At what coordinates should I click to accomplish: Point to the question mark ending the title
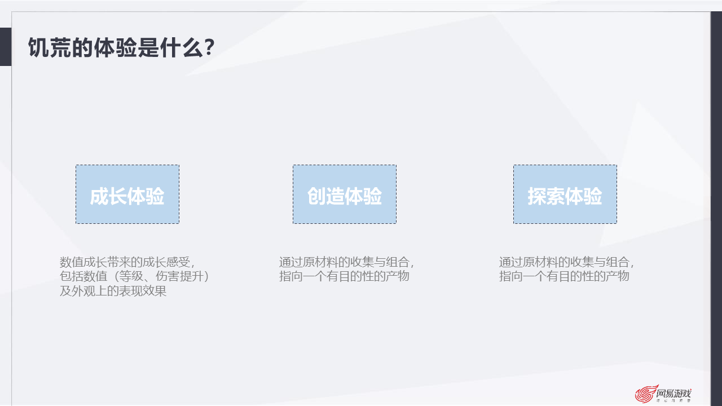click(208, 48)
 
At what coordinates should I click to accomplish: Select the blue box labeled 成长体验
click(127, 195)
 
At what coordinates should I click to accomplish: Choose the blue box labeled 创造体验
click(344, 195)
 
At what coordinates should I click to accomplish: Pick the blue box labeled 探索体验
click(565, 195)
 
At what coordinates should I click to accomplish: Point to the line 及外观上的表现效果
click(113, 292)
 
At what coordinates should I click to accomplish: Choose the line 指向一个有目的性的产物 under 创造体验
click(344, 277)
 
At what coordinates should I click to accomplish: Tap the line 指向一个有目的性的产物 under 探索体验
click(564, 277)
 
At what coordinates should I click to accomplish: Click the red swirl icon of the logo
click(645, 394)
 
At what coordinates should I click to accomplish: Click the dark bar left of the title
click(5, 47)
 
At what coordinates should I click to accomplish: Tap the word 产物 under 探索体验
click(617, 277)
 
